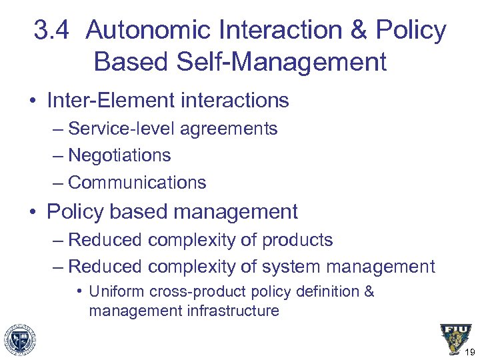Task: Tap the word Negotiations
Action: tap(119, 155)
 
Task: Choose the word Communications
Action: tap(137, 182)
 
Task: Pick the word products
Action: tap(299, 240)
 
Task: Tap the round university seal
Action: tap(19, 338)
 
